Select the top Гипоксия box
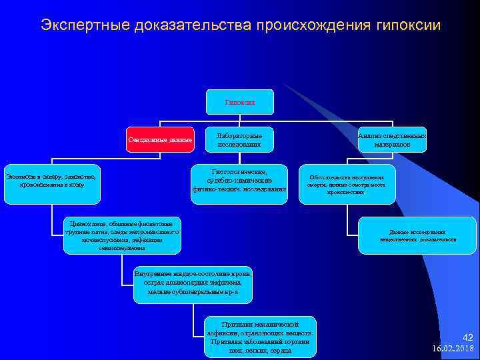pyautogui.click(x=239, y=103)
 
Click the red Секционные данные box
pyautogui.click(x=161, y=139)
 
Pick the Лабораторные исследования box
pyautogui.click(x=238, y=139)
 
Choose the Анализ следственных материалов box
pyautogui.click(x=392, y=139)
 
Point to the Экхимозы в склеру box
pyautogui.click(x=51, y=181)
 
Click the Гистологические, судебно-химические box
pyautogui.click(x=238, y=180)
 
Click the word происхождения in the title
pyautogui.click(x=305, y=25)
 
